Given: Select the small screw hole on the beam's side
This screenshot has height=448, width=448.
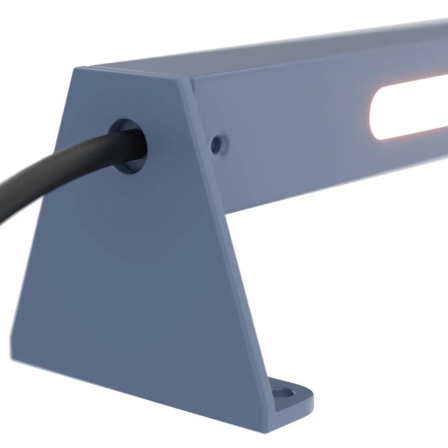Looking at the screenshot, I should click(x=217, y=144).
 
